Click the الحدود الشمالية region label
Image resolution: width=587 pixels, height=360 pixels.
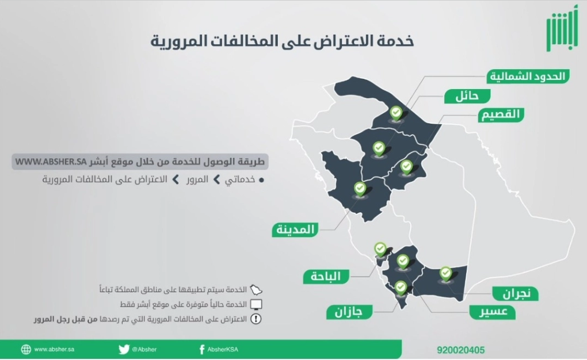tap(527, 76)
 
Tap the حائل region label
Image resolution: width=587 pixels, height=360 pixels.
tap(467, 96)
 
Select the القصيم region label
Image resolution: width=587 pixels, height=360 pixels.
tap(500, 114)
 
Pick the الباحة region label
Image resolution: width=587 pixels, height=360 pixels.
tap(326, 277)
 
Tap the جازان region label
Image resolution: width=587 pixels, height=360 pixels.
tap(349, 312)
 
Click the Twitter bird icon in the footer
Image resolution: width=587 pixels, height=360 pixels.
tap(124, 349)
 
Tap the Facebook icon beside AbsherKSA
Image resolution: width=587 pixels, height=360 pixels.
tap(201, 349)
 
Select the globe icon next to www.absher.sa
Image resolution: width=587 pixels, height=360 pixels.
tap(26, 349)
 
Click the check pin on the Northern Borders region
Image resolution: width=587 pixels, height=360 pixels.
tap(395, 113)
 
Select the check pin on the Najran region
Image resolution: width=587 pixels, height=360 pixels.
tap(445, 273)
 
